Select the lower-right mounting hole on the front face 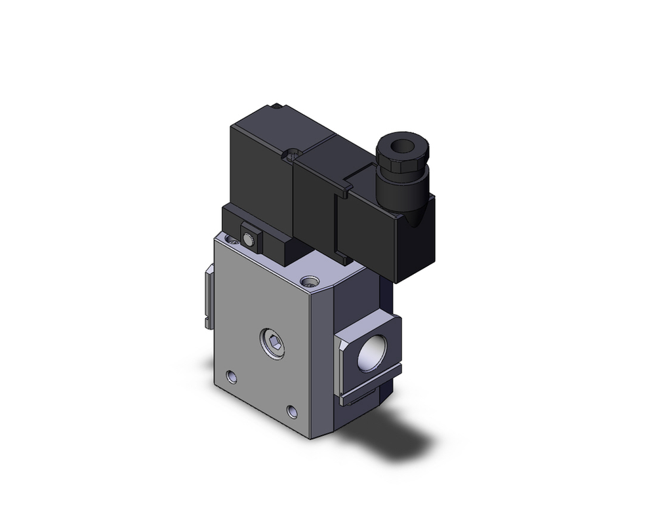point(292,412)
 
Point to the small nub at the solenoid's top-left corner point(278,106)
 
